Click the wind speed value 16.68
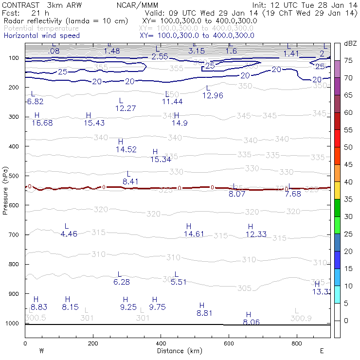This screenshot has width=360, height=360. click(x=42, y=123)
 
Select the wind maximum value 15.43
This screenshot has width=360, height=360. click(x=94, y=123)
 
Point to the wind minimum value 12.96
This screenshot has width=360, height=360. click(x=213, y=95)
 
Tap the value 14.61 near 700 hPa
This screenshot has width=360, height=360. click(x=194, y=234)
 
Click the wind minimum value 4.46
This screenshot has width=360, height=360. click(x=69, y=234)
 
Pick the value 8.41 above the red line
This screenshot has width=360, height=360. click(x=130, y=181)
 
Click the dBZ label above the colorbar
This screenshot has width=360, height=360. click(x=350, y=43)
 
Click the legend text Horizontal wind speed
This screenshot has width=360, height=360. click(x=41, y=36)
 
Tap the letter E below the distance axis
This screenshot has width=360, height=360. click(x=321, y=351)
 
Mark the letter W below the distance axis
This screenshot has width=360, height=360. click(x=41, y=351)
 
